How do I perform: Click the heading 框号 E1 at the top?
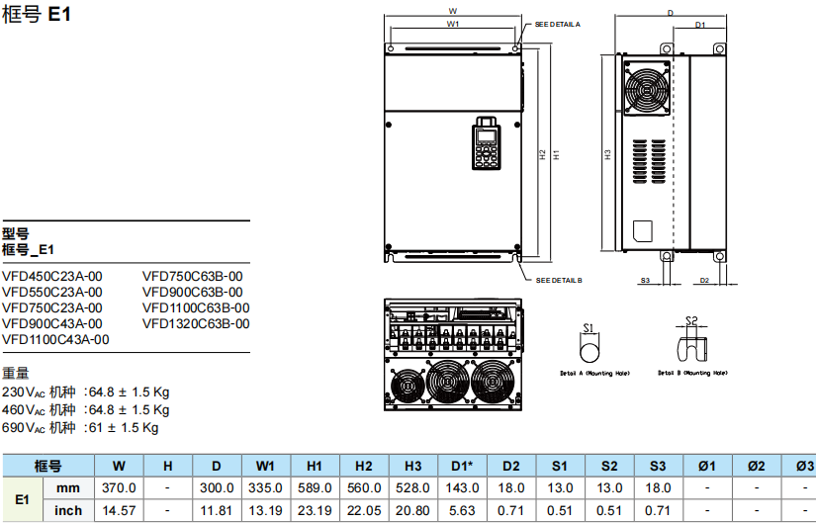tap(37, 16)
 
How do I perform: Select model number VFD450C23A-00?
tap(52, 277)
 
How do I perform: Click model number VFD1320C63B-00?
tap(196, 323)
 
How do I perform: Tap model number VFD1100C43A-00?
tap(56, 339)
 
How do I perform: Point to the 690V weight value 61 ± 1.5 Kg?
tap(124, 427)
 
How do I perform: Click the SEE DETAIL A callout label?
tap(558, 23)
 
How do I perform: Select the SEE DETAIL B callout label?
tap(559, 281)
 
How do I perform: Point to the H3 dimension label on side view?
tap(608, 153)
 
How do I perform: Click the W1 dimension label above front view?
tap(452, 23)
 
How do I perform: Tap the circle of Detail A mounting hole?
tap(589, 353)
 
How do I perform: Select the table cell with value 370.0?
tap(119, 487)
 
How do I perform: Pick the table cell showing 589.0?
tap(315, 487)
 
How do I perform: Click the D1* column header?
tap(462, 466)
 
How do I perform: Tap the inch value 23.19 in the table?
tap(315, 510)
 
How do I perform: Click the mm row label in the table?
tap(68, 487)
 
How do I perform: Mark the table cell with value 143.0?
tap(462, 487)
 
